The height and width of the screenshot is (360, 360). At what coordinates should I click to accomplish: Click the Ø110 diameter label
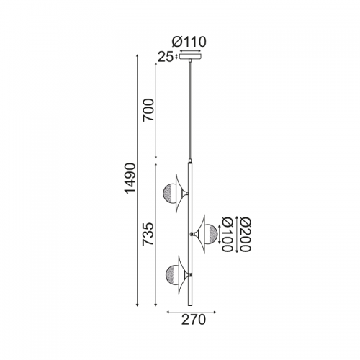coord(189,42)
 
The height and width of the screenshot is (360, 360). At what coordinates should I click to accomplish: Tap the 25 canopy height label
coord(166,58)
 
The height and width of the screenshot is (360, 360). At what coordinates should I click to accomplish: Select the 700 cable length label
coord(148,110)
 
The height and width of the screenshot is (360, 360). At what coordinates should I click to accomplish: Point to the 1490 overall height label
coord(130,178)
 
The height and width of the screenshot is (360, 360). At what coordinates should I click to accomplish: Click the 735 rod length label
coord(148,234)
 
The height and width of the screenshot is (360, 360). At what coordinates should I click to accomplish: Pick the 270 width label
coord(194,320)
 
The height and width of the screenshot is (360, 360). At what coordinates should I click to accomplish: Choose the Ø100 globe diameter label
coord(227,234)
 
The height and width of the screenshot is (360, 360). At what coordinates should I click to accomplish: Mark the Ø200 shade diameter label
coord(245,234)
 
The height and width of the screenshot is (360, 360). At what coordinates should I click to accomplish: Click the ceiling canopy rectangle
coord(190,57)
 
